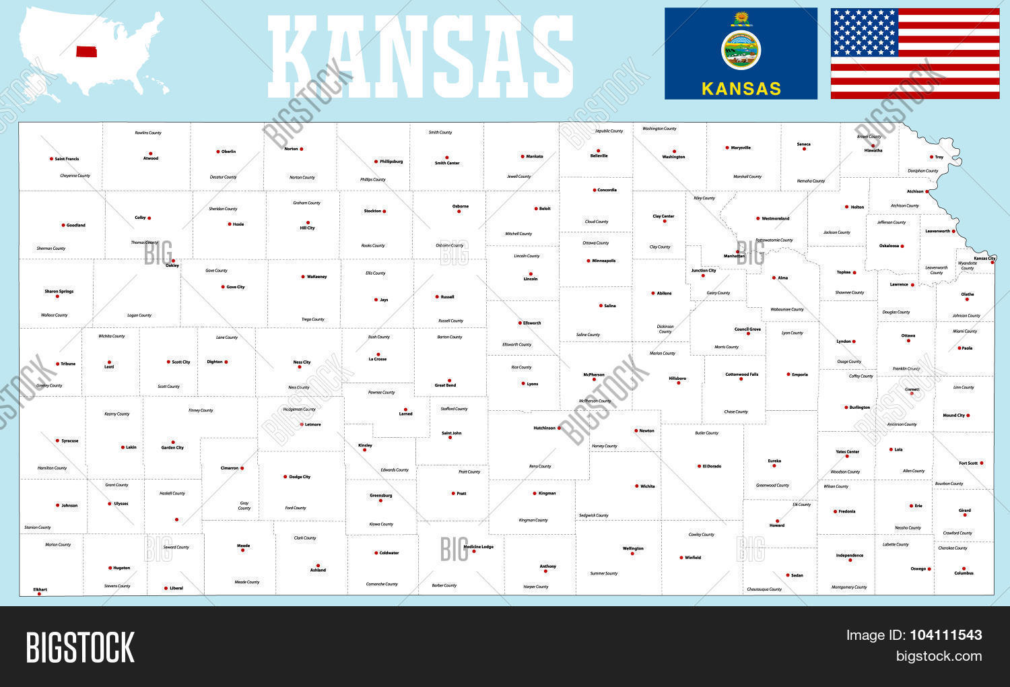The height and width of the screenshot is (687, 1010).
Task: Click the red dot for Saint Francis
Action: click(x=51, y=159)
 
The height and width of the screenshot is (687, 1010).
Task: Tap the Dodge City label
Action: click(x=300, y=477)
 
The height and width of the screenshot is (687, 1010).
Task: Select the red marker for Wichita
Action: click(x=636, y=486)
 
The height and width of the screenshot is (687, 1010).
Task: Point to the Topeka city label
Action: click(x=843, y=272)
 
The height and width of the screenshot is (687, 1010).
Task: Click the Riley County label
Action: click(x=704, y=199)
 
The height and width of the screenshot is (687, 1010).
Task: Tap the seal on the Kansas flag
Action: click(x=741, y=50)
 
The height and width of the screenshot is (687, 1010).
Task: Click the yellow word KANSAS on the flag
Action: click(x=741, y=88)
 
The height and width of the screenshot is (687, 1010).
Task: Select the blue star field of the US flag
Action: click(x=864, y=32)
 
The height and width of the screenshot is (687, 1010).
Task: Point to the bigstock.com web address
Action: click(x=939, y=656)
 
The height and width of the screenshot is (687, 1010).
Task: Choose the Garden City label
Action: click(x=172, y=448)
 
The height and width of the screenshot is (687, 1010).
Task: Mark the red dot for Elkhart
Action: click(x=39, y=594)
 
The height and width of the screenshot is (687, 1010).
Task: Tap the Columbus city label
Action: click(x=964, y=573)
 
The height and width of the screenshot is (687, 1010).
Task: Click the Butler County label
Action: click(x=706, y=433)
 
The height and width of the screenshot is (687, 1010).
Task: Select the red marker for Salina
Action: click(x=601, y=306)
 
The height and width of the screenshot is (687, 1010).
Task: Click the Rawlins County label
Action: click(x=148, y=133)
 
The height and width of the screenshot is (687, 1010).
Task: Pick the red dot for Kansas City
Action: click(x=992, y=263)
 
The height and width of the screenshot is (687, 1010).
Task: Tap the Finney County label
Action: click(x=201, y=410)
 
